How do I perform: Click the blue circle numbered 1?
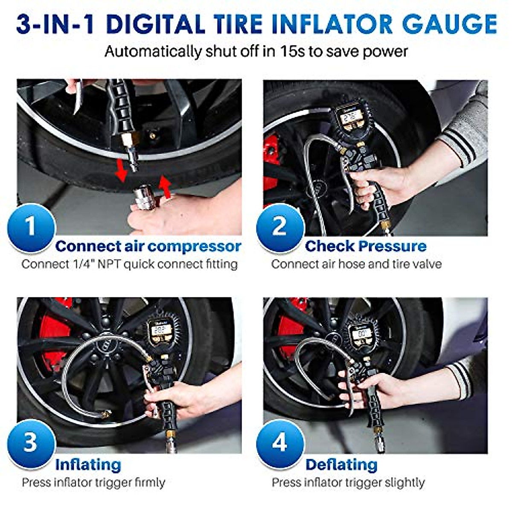tap(31, 227)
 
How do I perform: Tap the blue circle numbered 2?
tap(280, 227)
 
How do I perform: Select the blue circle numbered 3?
tap(31, 442)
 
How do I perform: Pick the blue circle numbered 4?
tap(280, 442)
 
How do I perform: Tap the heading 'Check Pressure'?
tap(366, 246)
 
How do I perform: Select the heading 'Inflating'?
tap(88, 465)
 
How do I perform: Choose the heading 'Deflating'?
tap(341, 465)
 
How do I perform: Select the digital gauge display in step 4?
tap(363, 332)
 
